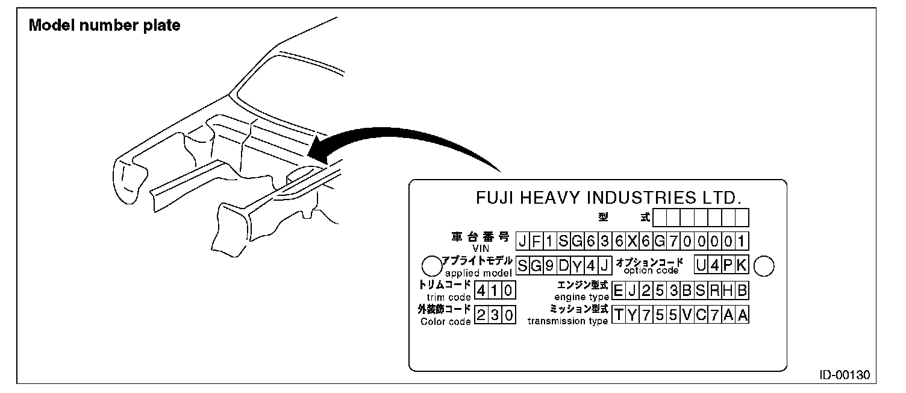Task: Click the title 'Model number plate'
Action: tap(105, 26)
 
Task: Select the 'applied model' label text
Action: tap(479, 272)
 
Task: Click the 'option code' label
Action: tap(650, 271)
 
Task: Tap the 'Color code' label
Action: tap(445, 321)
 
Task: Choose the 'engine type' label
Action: tap(581, 297)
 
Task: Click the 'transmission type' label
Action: tap(567, 321)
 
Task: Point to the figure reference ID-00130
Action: tap(845, 374)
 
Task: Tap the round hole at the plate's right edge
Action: tap(764, 265)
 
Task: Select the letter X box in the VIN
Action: tap(632, 241)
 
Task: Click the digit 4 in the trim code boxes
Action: tap(481, 291)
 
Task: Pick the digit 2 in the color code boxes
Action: tap(481, 315)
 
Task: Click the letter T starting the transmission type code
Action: tap(619, 315)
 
